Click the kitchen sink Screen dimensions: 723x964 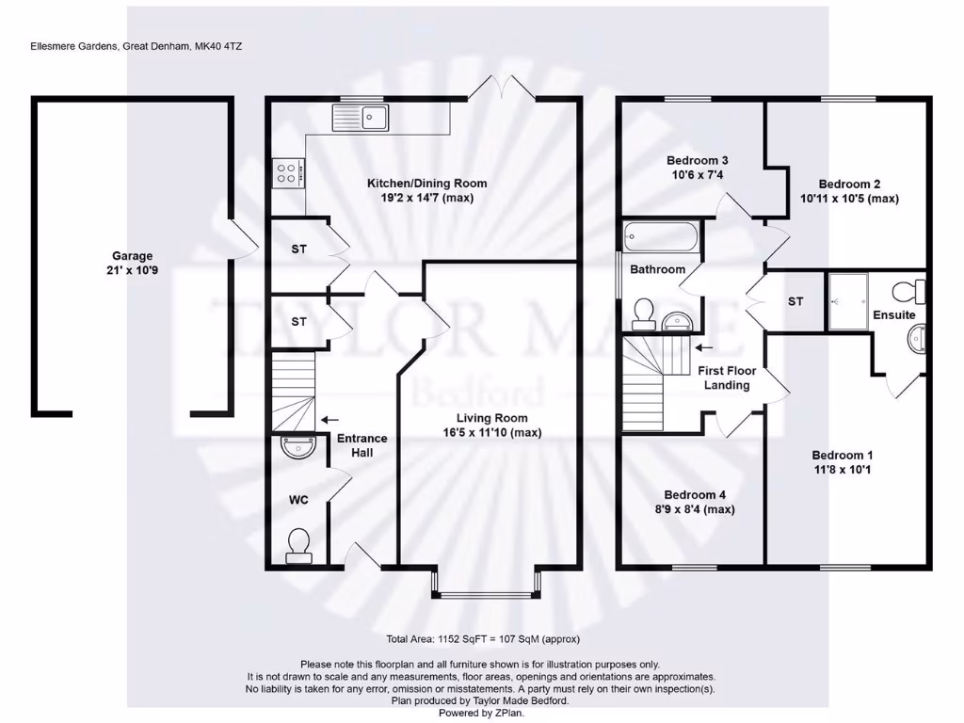361,118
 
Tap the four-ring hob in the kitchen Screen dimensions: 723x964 287,171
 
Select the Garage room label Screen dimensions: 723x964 132,256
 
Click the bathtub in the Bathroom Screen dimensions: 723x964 662,235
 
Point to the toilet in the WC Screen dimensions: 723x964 298,545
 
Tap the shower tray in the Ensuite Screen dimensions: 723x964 847,301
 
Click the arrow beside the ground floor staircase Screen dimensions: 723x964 329,420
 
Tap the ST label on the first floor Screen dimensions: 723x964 795,302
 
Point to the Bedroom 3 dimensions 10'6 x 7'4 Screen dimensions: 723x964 697,175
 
